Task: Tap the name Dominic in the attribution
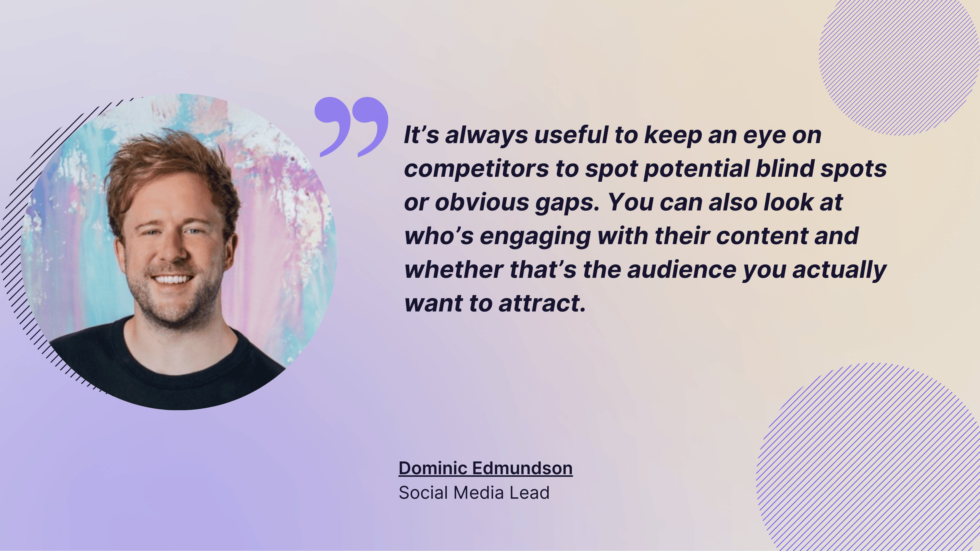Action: (433, 468)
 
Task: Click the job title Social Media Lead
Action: (474, 493)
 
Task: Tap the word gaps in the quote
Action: (567, 203)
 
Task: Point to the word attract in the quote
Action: (542, 304)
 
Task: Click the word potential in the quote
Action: (696, 169)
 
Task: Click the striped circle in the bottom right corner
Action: (871, 460)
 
